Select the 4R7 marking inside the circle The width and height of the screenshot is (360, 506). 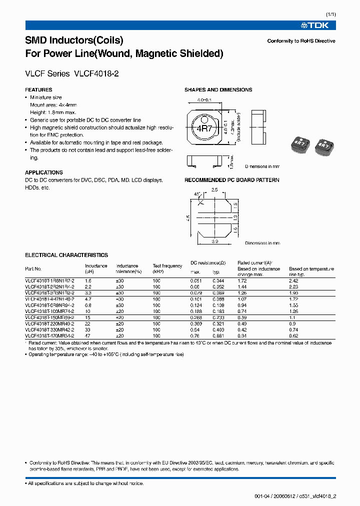(204, 129)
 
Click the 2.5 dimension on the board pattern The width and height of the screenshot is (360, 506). (214, 190)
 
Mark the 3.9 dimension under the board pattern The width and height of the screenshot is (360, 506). (214, 241)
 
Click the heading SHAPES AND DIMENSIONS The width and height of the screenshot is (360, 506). (218, 90)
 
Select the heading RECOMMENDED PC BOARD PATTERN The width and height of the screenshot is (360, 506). (232, 180)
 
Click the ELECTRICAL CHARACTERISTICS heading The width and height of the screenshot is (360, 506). (66, 255)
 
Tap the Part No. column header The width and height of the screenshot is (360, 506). (33, 269)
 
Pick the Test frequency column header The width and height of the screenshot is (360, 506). (167, 268)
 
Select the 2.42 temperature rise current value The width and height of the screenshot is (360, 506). (293, 281)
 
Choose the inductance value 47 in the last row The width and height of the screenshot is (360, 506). (88, 335)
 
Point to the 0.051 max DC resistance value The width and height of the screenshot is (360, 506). (195, 281)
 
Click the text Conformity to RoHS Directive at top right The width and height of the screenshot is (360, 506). (301, 41)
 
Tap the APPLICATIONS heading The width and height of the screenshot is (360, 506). (44, 172)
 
